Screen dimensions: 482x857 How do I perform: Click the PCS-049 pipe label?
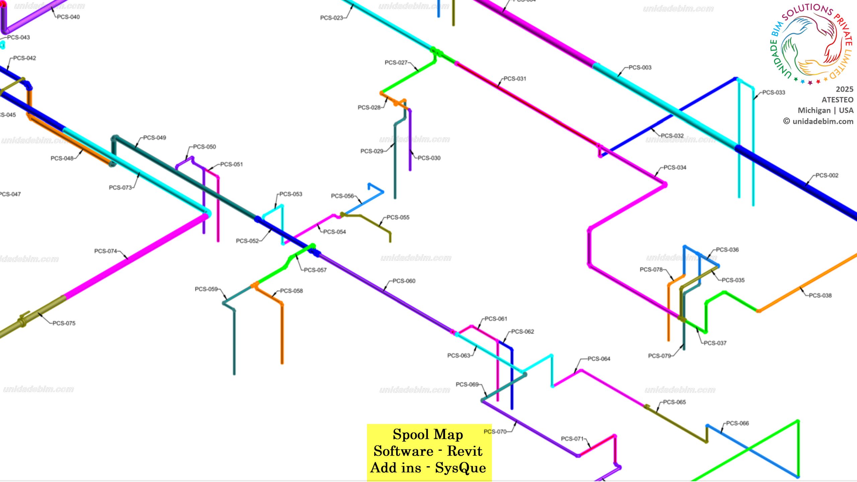pyautogui.click(x=154, y=138)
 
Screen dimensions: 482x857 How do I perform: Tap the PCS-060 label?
pyautogui.click(x=404, y=281)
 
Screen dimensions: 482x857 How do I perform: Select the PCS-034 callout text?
pyautogui.click(x=675, y=167)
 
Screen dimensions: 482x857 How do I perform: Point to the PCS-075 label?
pyautogui.click(x=64, y=323)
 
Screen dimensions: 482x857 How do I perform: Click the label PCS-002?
pyautogui.click(x=827, y=175)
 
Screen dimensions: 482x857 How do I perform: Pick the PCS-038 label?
pyautogui.click(x=820, y=295)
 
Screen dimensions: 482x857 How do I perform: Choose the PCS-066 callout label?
pyautogui.click(x=737, y=423)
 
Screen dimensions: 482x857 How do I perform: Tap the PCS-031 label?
pyautogui.click(x=515, y=79)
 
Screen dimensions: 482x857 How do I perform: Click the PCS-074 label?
pyautogui.click(x=105, y=251)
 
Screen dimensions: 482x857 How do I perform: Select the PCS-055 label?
pyautogui.click(x=398, y=217)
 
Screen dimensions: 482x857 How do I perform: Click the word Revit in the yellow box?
pyautogui.click(x=465, y=451)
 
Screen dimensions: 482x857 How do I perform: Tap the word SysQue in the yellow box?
pyautogui.click(x=460, y=468)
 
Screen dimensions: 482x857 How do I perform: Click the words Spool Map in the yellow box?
pyautogui.click(x=428, y=434)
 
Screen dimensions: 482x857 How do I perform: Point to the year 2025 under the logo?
pyautogui.click(x=844, y=89)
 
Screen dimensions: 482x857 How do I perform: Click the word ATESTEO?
pyautogui.click(x=837, y=100)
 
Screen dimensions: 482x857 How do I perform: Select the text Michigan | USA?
pyautogui.click(x=825, y=110)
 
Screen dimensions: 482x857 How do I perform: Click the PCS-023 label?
pyautogui.click(x=331, y=18)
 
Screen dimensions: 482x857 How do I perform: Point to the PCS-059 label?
pyautogui.click(x=206, y=289)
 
